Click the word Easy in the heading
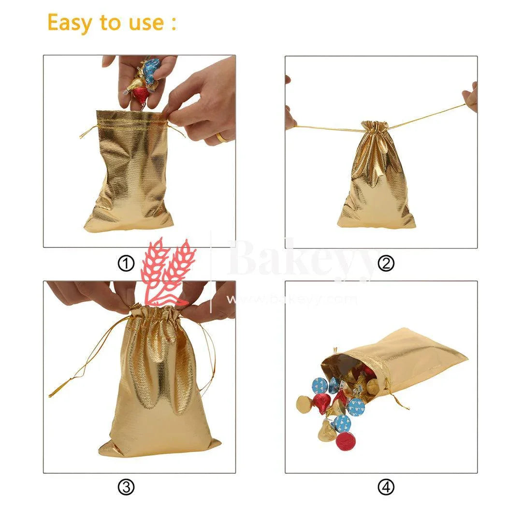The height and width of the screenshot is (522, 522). [x=72, y=23]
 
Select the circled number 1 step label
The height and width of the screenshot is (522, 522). [x=126, y=263]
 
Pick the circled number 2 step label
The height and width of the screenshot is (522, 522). [x=386, y=263]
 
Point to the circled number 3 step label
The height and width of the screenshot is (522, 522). [x=126, y=488]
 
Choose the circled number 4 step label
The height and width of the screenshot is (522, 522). [x=386, y=488]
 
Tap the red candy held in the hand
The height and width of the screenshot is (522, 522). [x=141, y=95]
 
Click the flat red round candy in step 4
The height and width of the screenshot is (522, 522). [x=346, y=441]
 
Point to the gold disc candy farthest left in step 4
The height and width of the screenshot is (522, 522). [x=304, y=404]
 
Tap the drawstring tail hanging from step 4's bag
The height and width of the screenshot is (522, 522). [x=399, y=401]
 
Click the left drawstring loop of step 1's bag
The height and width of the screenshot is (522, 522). [x=87, y=130]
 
